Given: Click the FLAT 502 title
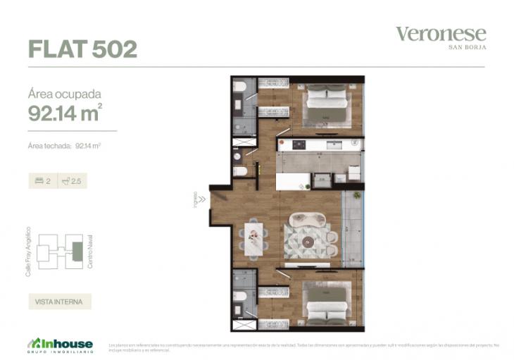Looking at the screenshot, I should click(x=82, y=49).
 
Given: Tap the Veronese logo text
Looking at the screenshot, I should click(x=441, y=33).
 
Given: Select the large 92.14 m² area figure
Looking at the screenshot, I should click(x=65, y=112).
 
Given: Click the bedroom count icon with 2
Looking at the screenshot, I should click(x=43, y=181).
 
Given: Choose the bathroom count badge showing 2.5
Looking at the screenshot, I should click(x=71, y=181).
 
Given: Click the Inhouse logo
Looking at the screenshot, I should click(x=60, y=344).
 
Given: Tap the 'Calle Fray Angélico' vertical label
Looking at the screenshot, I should click(x=28, y=251).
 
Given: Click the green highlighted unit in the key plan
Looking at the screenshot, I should click(x=77, y=249).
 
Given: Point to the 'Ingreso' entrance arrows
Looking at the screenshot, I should click(x=201, y=199).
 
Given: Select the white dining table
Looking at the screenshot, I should click(x=253, y=237).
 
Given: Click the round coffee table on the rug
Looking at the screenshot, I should click(x=307, y=242).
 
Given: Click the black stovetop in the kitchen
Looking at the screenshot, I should click(x=299, y=144).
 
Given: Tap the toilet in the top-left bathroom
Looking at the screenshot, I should click(x=239, y=87).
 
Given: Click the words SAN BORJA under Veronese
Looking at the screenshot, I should click(x=468, y=47).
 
